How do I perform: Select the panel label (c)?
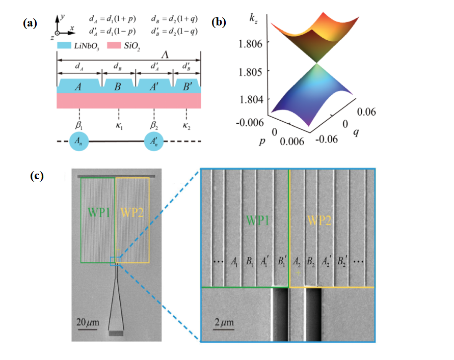(37, 176)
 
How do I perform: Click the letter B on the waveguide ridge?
(117, 87)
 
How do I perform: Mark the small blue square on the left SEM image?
(114, 262)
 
